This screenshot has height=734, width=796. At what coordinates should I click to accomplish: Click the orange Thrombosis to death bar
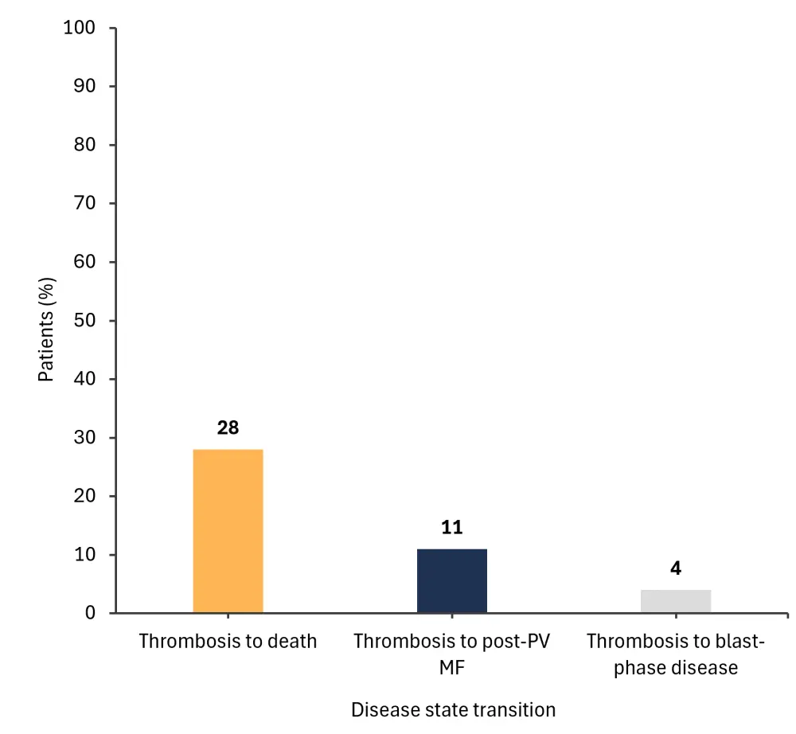[228, 531]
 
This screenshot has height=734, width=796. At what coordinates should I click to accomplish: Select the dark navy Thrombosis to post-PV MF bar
[452, 580]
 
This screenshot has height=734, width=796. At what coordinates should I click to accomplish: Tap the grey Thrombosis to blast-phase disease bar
[676, 601]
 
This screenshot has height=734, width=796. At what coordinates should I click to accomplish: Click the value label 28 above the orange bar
[228, 428]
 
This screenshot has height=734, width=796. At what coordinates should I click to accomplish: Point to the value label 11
[452, 528]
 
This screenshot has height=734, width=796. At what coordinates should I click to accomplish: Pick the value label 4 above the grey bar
[676, 568]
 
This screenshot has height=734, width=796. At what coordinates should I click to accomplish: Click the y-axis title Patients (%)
[47, 324]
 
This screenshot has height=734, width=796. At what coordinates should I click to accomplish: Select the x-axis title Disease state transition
[453, 709]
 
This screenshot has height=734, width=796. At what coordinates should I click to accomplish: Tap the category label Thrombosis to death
[228, 641]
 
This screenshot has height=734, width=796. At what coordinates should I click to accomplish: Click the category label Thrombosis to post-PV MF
[452, 654]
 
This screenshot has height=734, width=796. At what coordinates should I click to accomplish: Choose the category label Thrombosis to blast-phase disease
[676, 654]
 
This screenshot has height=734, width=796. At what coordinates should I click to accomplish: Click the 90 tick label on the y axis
[84, 86]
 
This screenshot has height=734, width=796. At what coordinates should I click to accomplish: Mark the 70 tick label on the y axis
[84, 203]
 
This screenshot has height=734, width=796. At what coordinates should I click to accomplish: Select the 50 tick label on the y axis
[84, 321]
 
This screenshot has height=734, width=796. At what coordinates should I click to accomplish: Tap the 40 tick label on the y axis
[84, 379]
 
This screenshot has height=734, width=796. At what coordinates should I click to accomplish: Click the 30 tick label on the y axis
[84, 438]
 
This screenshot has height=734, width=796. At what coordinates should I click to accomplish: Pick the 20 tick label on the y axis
[84, 496]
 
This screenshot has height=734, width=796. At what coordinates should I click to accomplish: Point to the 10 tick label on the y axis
[84, 555]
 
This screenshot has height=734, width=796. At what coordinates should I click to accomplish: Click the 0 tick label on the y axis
[90, 613]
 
